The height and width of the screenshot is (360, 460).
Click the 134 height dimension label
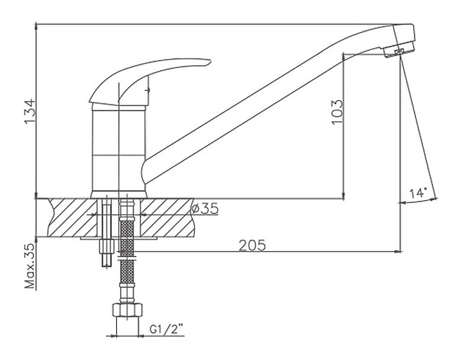30,112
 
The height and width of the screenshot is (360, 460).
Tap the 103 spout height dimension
337,112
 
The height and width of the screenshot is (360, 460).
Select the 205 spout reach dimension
252,245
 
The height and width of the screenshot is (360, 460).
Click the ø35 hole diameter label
205,208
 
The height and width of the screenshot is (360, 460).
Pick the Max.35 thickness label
30,266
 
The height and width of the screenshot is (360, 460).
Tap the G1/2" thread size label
166,329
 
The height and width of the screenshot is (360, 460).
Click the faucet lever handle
149,81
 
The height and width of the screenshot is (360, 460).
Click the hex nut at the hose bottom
127,309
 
